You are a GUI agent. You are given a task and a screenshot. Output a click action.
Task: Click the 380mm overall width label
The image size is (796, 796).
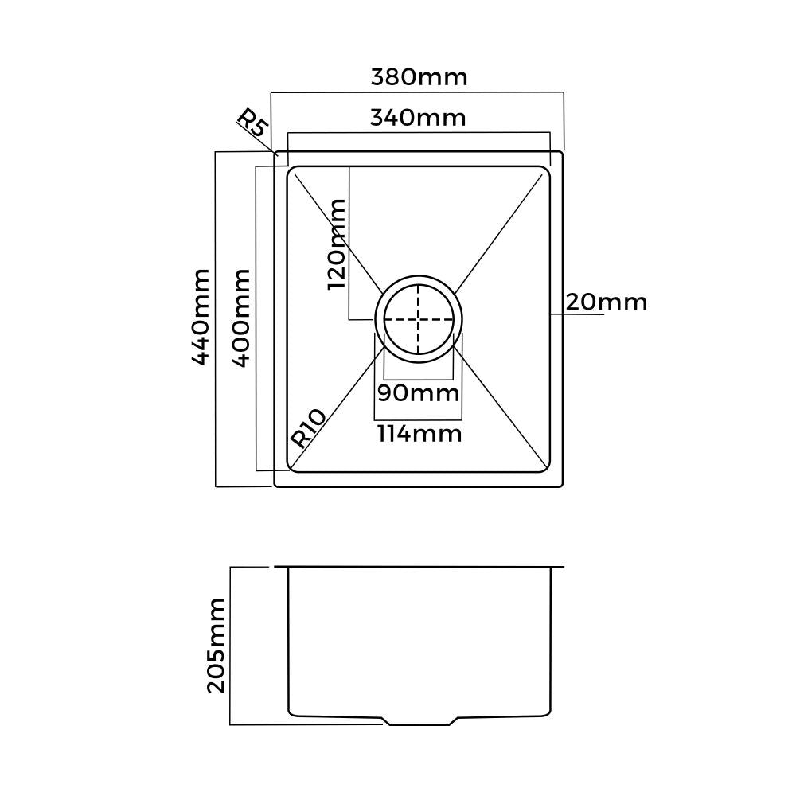point(419,77)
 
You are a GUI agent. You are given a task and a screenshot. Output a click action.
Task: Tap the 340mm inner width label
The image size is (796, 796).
point(418,118)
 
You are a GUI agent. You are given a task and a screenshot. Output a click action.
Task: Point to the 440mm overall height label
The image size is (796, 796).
point(201,317)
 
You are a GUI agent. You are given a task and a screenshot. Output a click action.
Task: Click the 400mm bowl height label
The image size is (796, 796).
point(241,317)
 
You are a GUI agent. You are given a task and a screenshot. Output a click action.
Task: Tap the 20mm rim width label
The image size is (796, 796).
point(607,302)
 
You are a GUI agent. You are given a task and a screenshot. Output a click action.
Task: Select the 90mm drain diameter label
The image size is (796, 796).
point(419,392)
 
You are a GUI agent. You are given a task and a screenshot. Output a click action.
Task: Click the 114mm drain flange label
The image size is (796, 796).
point(419,434)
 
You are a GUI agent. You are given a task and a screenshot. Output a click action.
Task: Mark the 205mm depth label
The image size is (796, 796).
point(216,645)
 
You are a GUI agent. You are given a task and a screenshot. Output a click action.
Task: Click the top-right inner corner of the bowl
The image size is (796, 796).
point(548,169)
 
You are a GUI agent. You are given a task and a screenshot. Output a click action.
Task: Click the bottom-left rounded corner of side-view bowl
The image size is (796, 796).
point(291,711)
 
